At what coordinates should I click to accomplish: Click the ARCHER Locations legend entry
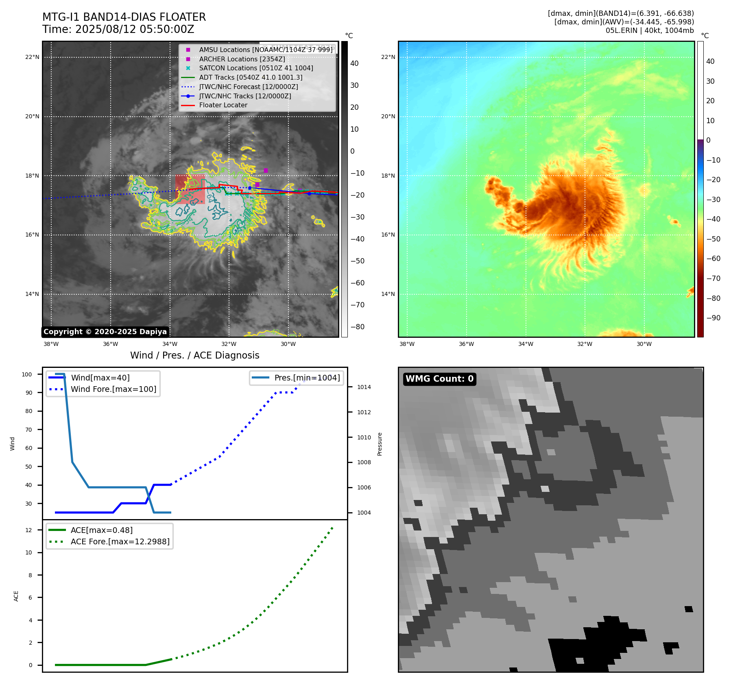(242, 59)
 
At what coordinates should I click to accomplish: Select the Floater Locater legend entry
(223, 105)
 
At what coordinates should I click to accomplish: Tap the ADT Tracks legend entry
(251, 77)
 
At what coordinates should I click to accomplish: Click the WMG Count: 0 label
(439, 379)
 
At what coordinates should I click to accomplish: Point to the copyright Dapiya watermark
(105, 332)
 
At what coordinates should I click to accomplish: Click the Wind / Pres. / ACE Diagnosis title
(194, 355)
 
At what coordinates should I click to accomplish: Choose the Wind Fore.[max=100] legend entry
(113, 389)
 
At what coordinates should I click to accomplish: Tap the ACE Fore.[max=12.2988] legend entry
(120, 541)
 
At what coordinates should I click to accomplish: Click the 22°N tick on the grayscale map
(32, 57)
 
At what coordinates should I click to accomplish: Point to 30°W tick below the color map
(644, 344)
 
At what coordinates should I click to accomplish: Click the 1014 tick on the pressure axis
(364, 387)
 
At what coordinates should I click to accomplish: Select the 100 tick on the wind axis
(27, 374)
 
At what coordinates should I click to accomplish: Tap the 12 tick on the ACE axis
(28, 530)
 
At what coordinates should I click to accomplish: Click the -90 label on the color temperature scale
(713, 318)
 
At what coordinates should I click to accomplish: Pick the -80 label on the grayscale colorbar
(357, 327)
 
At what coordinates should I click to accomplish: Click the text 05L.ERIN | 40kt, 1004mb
(649, 30)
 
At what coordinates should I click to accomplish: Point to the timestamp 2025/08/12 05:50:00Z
(135, 30)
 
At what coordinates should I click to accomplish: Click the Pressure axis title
(380, 444)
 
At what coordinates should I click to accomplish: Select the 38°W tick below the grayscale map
(51, 344)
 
